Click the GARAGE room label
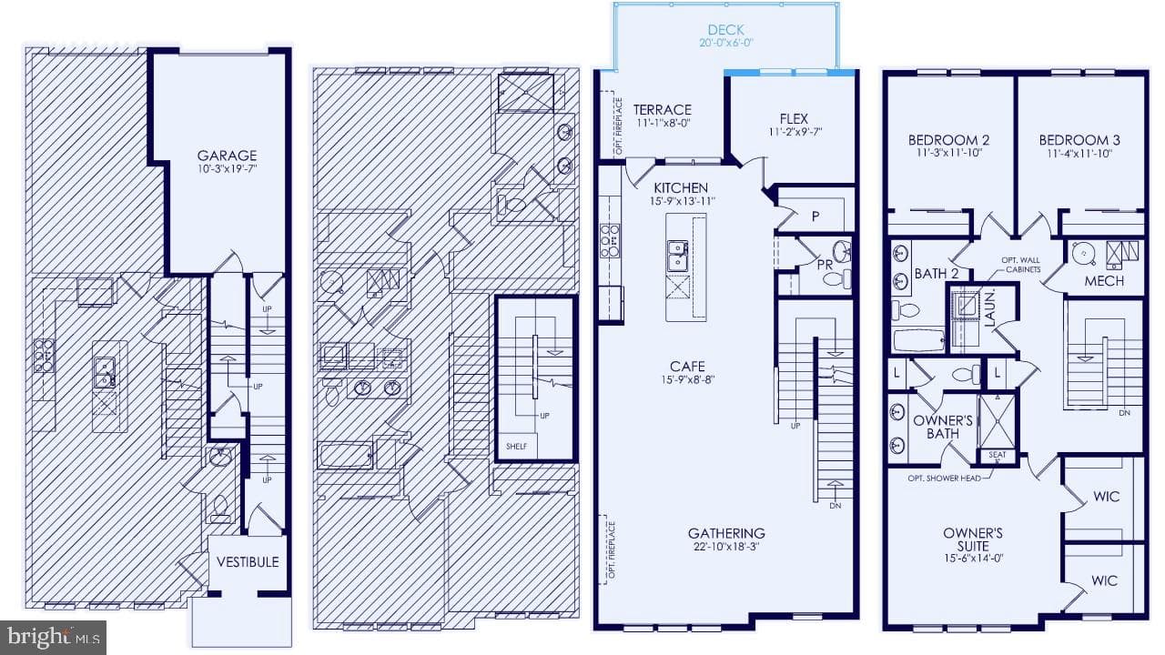[227, 156]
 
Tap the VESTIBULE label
[248, 562]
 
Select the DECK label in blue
[726, 30]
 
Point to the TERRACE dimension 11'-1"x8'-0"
[664, 123]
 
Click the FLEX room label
[794, 118]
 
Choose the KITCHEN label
[681, 187]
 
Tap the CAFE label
[687, 367]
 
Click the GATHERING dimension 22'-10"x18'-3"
[726, 547]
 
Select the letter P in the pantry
[815, 216]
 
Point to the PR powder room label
[825, 265]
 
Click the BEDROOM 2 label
[948, 140]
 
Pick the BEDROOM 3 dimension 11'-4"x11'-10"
[1079, 154]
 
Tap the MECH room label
[1104, 281]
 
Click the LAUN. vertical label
[989, 308]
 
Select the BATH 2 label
[937, 274]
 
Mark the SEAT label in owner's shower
[997, 455]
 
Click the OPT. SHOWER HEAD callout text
[944, 479]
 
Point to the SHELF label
[516, 447]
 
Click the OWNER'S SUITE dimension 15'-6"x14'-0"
[973, 559]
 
